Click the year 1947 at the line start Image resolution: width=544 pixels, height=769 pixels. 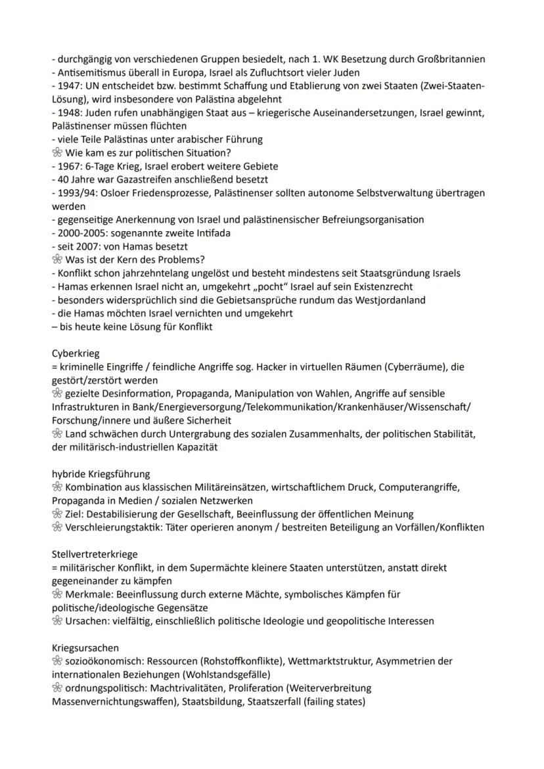pyautogui.click(x=68, y=85)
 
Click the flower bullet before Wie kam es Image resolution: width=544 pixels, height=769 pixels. pyautogui.click(x=57, y=153)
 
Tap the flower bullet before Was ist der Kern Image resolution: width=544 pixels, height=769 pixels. pyautogui.click(x=57, y=260)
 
